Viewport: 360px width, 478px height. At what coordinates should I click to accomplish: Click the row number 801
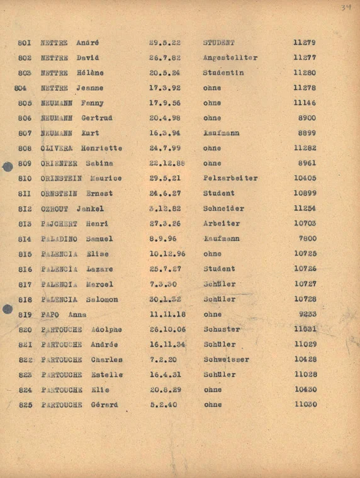coord(25,43)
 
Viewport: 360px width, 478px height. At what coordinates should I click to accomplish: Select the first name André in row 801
coord(87,43)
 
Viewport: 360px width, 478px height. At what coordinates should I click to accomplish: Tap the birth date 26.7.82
coord(165,58)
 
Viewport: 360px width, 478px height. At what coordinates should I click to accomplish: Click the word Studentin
coord(223,73)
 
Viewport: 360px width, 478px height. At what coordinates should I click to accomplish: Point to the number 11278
coord(305,88)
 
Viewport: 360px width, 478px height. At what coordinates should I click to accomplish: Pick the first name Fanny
coord(93,103)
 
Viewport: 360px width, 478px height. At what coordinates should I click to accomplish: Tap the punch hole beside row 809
coord(8,166)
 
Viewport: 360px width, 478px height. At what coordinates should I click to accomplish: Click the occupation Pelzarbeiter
coord(230,178)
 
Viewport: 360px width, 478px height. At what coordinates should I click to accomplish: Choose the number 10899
coord(305,193)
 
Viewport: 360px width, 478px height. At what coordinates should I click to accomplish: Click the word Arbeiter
coord(221,224)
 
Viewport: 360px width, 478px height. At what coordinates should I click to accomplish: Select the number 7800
coord(307,239)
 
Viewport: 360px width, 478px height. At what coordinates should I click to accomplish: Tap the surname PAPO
coord(50,314)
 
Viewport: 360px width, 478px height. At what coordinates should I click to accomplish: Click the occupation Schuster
coord(222,329)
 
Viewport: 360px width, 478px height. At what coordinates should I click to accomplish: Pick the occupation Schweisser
coord(226,360)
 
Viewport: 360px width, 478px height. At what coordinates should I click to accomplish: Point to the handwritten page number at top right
coord(346,8)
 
